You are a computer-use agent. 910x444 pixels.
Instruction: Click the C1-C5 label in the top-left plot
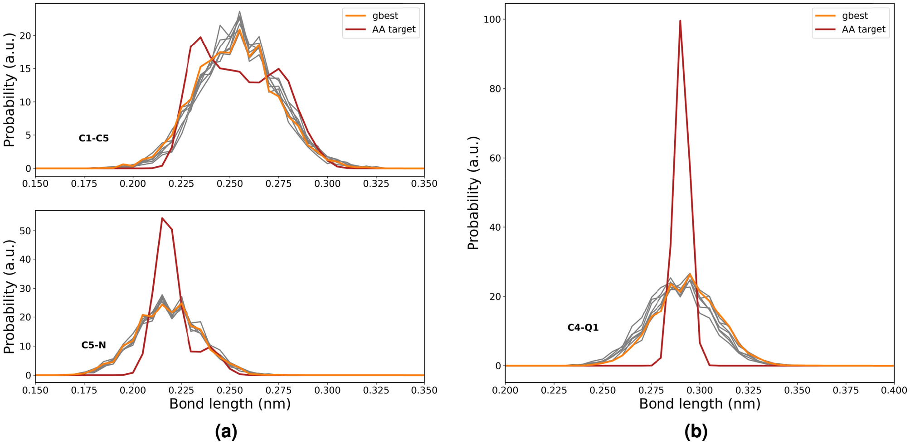[x=93, y=139]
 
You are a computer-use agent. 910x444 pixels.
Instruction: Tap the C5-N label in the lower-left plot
[x=93, y=345]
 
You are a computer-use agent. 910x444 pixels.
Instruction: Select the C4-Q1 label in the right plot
[x=583, y=328]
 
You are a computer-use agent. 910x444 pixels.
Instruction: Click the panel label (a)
[x=226, y=432]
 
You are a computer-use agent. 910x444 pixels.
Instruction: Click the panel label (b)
[x=696, y=432]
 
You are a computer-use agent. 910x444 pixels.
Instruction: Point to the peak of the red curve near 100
[x=680, y=21]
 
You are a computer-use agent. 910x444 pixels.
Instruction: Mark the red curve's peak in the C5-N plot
[x=162, y=218]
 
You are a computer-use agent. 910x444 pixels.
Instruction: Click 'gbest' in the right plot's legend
[x=855, y=16]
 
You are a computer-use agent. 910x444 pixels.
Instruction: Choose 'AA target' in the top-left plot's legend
[x=394, y=29]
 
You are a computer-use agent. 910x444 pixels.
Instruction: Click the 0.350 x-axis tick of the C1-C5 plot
[x=424, y=184]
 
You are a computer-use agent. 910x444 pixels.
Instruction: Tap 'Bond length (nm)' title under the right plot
[x=699, y=404]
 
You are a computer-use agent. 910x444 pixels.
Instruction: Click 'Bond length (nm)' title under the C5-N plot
[x=229, y=404]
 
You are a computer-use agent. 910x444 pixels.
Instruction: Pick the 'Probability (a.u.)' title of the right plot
[x=473, y=193]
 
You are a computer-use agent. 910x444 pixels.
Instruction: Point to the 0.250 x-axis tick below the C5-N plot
[x=229, y=391]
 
